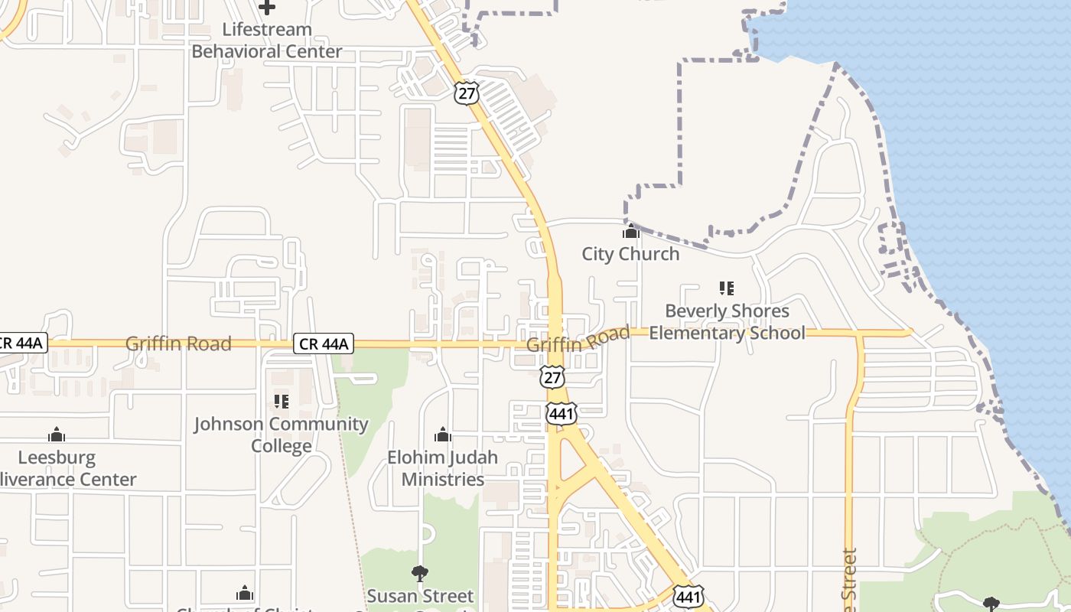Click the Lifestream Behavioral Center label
coord(266,41)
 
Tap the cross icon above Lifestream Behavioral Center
coord(266,8)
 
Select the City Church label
coord(630,254)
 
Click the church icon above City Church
coord(630,231)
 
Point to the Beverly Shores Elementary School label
coord(727,322)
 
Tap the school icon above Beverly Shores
coord(727,288)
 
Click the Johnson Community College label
coord(281,435)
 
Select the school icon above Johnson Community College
coord(281,401)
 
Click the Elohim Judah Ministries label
coord(442,468)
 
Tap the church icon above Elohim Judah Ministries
coord(442,435)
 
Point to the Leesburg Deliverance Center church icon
coord(56,435)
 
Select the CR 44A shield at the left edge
coord(23,343)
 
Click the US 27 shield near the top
coord(466,93)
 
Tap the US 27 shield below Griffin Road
coord(552,376)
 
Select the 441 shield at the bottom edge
coord(688,597)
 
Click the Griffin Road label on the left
coord(178,343)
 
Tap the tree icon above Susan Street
coord(419,573)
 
